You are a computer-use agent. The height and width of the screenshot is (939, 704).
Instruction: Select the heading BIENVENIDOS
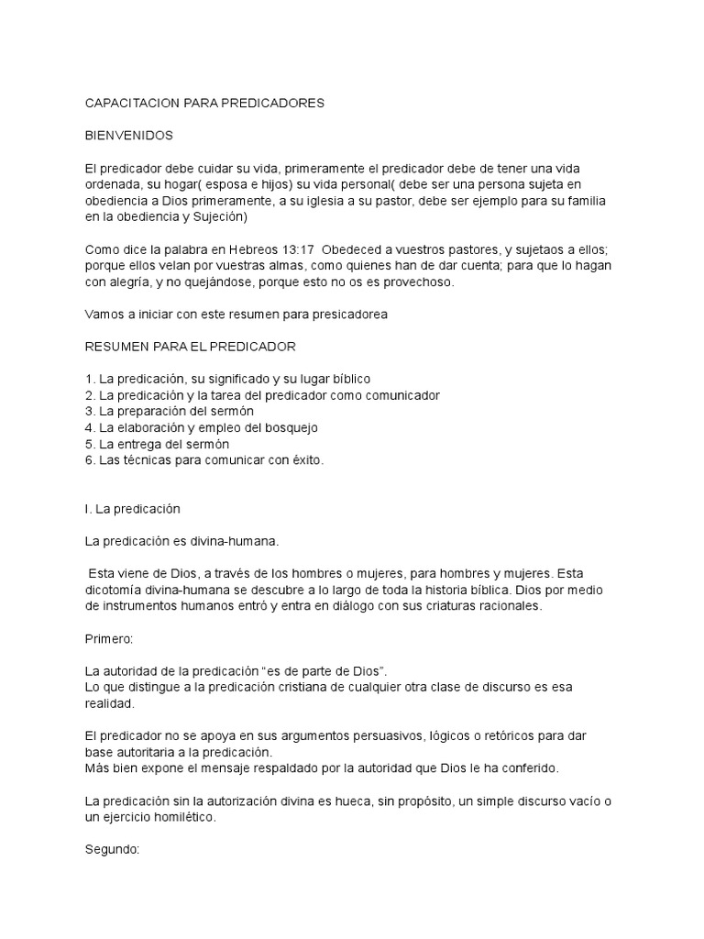tap(129, 136)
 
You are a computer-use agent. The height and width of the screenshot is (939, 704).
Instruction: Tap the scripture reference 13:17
tap(272, 249)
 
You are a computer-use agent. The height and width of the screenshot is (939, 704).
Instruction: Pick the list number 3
tap(89, 411)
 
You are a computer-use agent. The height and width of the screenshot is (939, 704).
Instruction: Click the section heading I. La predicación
tap(132, 508)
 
